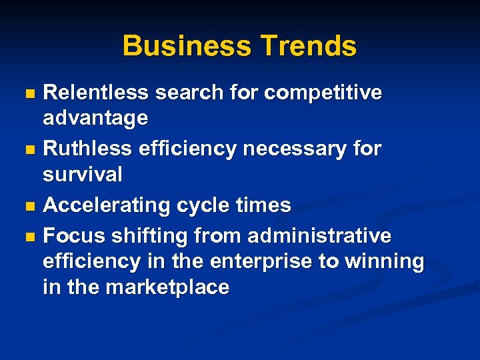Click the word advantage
point(95,119)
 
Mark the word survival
point(83,175)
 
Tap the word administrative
point(319,235)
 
